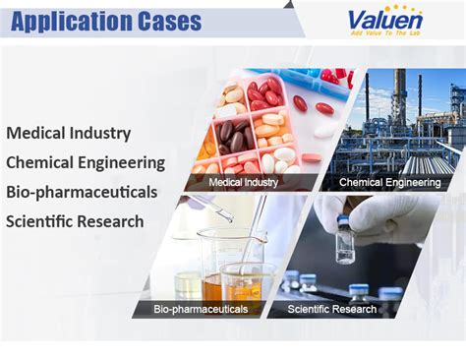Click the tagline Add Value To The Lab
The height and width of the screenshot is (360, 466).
click(x=385, y=33)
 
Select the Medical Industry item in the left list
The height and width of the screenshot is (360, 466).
click(x=68, y=132)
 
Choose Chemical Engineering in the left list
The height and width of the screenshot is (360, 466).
click(x=86, y=161)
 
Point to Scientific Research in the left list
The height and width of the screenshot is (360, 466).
click(x=75, y=220)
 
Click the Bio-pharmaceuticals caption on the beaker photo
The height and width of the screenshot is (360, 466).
click(x=201, y=309)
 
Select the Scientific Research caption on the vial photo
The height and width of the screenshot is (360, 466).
click(x=332, y=309)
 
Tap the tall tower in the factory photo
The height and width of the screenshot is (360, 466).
click(x=402, y=108)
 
